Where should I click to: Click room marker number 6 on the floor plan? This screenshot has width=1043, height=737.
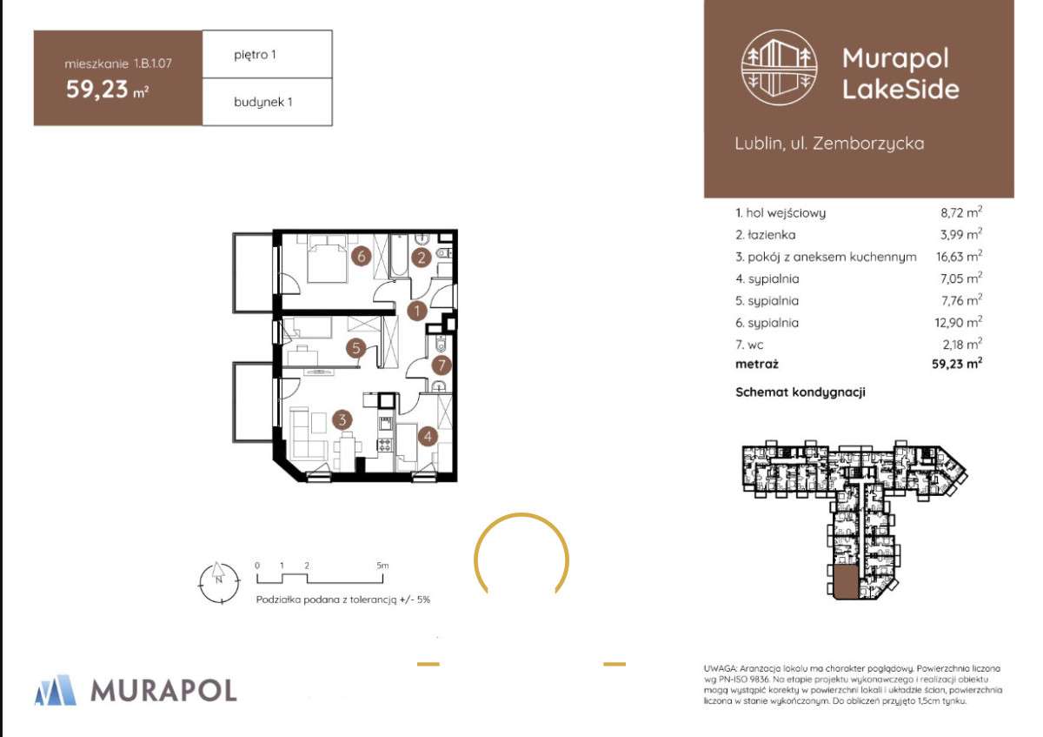click(362, 256)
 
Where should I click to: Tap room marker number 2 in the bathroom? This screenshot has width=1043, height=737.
click(422, 258)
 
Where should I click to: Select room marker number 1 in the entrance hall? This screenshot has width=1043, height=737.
click(416, 311)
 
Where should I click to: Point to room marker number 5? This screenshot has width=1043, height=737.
click(356, 348)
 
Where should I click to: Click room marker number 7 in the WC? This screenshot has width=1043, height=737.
click(442, 365)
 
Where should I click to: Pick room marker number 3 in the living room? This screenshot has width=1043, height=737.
click(342, 420)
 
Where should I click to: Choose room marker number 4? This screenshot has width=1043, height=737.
click(428, 436)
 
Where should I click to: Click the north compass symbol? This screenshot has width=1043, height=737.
click(219, 582)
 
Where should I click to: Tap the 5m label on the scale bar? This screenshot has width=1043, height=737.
click(382, 566)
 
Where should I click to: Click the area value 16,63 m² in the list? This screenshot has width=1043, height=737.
click(960, 256)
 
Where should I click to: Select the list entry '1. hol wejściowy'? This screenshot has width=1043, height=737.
click(781, 213)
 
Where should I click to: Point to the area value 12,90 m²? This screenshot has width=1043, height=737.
click(959, 322)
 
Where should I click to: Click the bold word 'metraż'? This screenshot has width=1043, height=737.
click(757, 364)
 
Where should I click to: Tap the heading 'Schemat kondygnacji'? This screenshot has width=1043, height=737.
click(801, 392)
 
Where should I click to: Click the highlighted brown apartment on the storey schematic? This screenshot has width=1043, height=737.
click(846, 583)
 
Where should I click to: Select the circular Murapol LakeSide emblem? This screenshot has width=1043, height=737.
click(779, 67)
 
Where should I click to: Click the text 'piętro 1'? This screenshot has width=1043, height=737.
click(255, 55)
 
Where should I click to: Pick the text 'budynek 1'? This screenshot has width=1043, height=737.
click(263, 102)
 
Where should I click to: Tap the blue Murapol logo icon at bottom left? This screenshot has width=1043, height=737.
click(56, 690)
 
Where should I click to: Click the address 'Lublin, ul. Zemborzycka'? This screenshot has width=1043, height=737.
click(829, 144)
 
